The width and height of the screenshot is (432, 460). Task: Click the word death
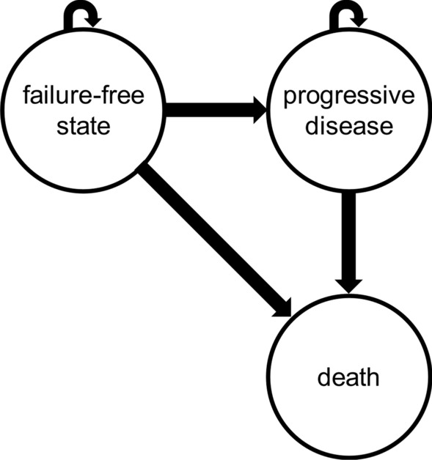click(348, 379)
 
